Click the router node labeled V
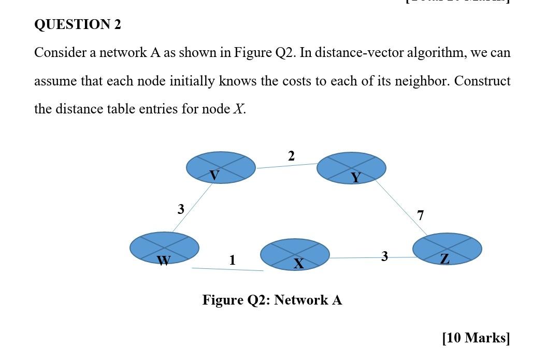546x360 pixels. (x=221, y=167)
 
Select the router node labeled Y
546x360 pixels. (x=351, y=168)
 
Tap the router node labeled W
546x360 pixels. (x=164, y=248)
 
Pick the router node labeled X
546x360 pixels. (x=295, y=254)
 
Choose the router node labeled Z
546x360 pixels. (x=447, y=249)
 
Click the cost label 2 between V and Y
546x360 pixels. (x=291, y=156)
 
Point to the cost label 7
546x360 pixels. (x=420, y=215)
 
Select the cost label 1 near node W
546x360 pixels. (x=232, y=260)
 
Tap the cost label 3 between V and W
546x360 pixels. (x=181, y=209)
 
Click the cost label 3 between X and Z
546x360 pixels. (x=384, y=256)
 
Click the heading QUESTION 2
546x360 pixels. (x=78, y=25)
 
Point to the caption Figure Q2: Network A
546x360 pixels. (x=272, y=300)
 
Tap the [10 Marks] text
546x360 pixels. (x=476, y=338)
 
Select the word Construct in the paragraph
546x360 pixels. (x=482, y=81)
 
